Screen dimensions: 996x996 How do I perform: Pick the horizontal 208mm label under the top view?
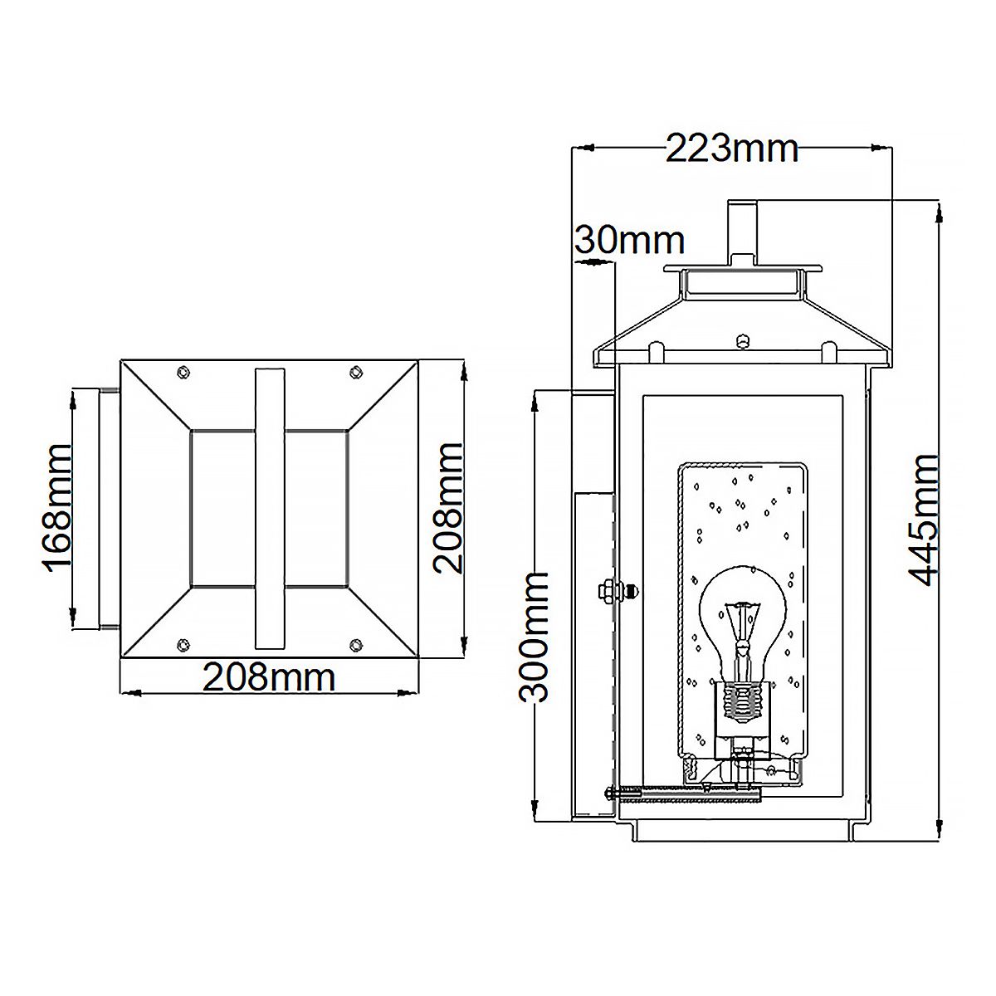270,678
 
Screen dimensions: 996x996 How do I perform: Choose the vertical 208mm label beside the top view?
448,508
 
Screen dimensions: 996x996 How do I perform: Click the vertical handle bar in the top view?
270,508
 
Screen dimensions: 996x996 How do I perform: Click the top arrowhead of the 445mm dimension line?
938,209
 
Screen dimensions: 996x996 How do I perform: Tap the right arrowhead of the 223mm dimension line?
880,149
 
